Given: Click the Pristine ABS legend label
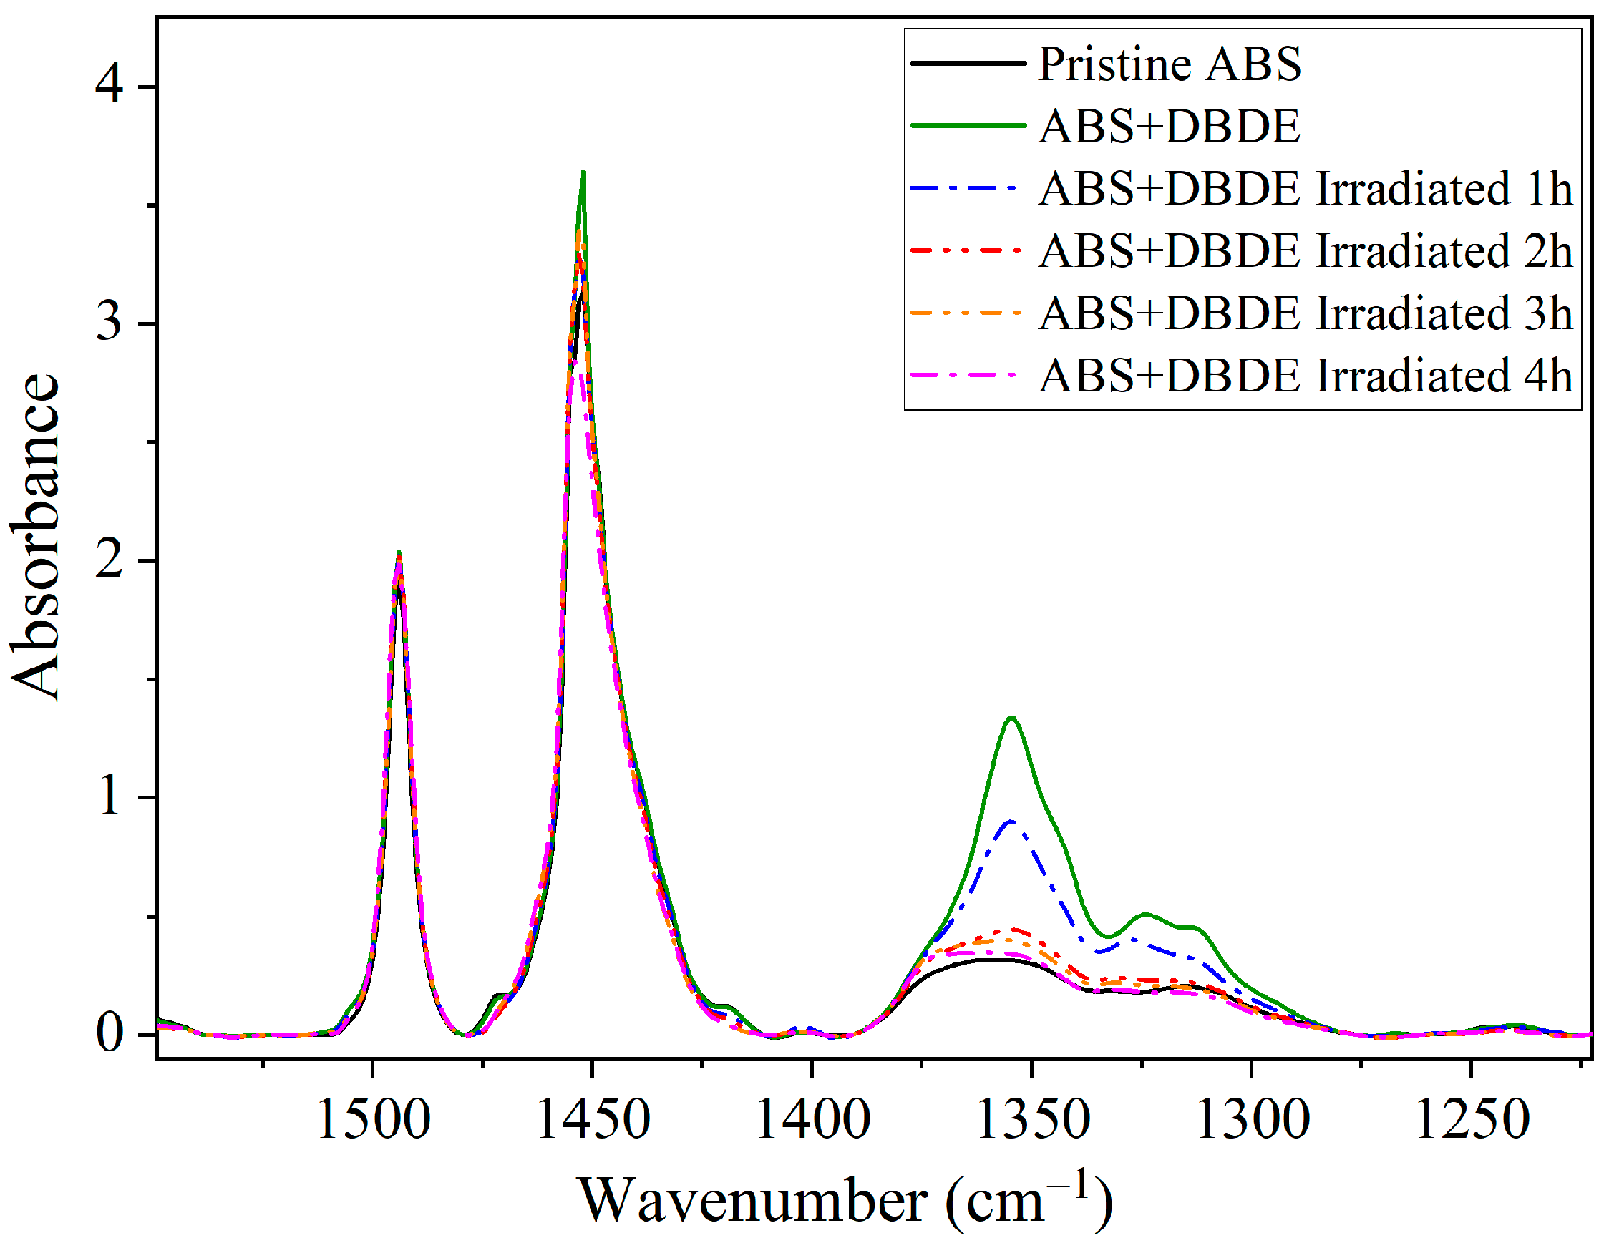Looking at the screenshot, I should (x=1170, y=64).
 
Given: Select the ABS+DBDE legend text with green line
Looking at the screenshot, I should (x=1170, y=126).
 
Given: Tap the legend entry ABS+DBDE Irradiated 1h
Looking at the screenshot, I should (x=1306, y=188).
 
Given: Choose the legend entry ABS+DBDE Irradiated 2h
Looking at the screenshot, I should (x=1306, y=251).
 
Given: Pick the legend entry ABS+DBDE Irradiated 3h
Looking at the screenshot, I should (x=1306, y=313).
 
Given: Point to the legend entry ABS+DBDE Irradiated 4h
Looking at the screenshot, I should (x=1306, y=376).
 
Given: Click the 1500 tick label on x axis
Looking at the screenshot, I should (x=374, y=1120).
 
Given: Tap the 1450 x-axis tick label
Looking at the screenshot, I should (x=593, y=1120).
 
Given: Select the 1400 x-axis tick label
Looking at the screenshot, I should (x=813, y=1120).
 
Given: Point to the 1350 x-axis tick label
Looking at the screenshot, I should (x=1033, y=1120).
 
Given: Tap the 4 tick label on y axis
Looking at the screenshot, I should (x=109, y=87).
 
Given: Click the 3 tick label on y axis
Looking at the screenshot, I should (x=109, y=323).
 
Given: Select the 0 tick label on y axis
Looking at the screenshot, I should (x=109, y=1034).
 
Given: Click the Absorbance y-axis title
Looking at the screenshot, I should (x=35, y=537).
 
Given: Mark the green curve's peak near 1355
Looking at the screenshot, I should (x=1011, y=717).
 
